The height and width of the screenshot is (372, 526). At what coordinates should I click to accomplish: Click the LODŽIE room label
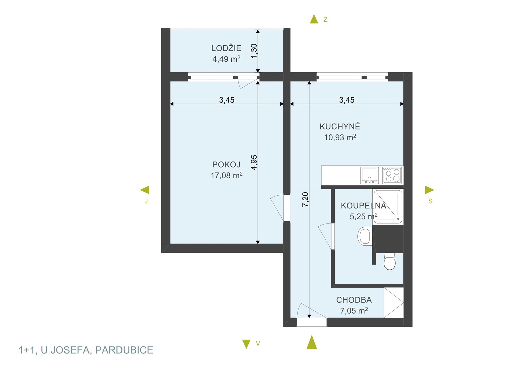coord(226,48)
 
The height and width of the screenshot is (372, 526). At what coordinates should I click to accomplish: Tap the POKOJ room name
coord(226,164)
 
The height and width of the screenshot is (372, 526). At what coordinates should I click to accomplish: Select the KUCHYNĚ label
coord(340,126)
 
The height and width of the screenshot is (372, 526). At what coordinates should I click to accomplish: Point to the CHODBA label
coord(354,300)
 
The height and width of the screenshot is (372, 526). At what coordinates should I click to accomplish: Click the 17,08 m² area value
coord(226,175)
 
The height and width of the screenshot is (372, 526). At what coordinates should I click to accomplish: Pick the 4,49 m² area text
coord(226,59)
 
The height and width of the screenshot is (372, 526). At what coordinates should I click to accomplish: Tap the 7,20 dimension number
coord(305,199)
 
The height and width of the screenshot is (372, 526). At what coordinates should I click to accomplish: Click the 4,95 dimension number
coord(254,162)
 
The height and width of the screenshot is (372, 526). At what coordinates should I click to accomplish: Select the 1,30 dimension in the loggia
coord(254,51)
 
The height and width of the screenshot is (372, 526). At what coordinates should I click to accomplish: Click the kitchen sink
coord(369,175)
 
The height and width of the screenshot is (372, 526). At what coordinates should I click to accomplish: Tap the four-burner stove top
coord(392,175)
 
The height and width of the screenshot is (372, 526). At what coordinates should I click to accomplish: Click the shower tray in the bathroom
coord(388,207)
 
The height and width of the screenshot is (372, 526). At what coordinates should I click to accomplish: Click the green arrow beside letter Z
coord(314,19)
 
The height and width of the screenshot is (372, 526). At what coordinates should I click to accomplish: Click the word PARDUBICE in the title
coord(124,350)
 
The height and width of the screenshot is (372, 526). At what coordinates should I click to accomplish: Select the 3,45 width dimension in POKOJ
coord(227,100)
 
